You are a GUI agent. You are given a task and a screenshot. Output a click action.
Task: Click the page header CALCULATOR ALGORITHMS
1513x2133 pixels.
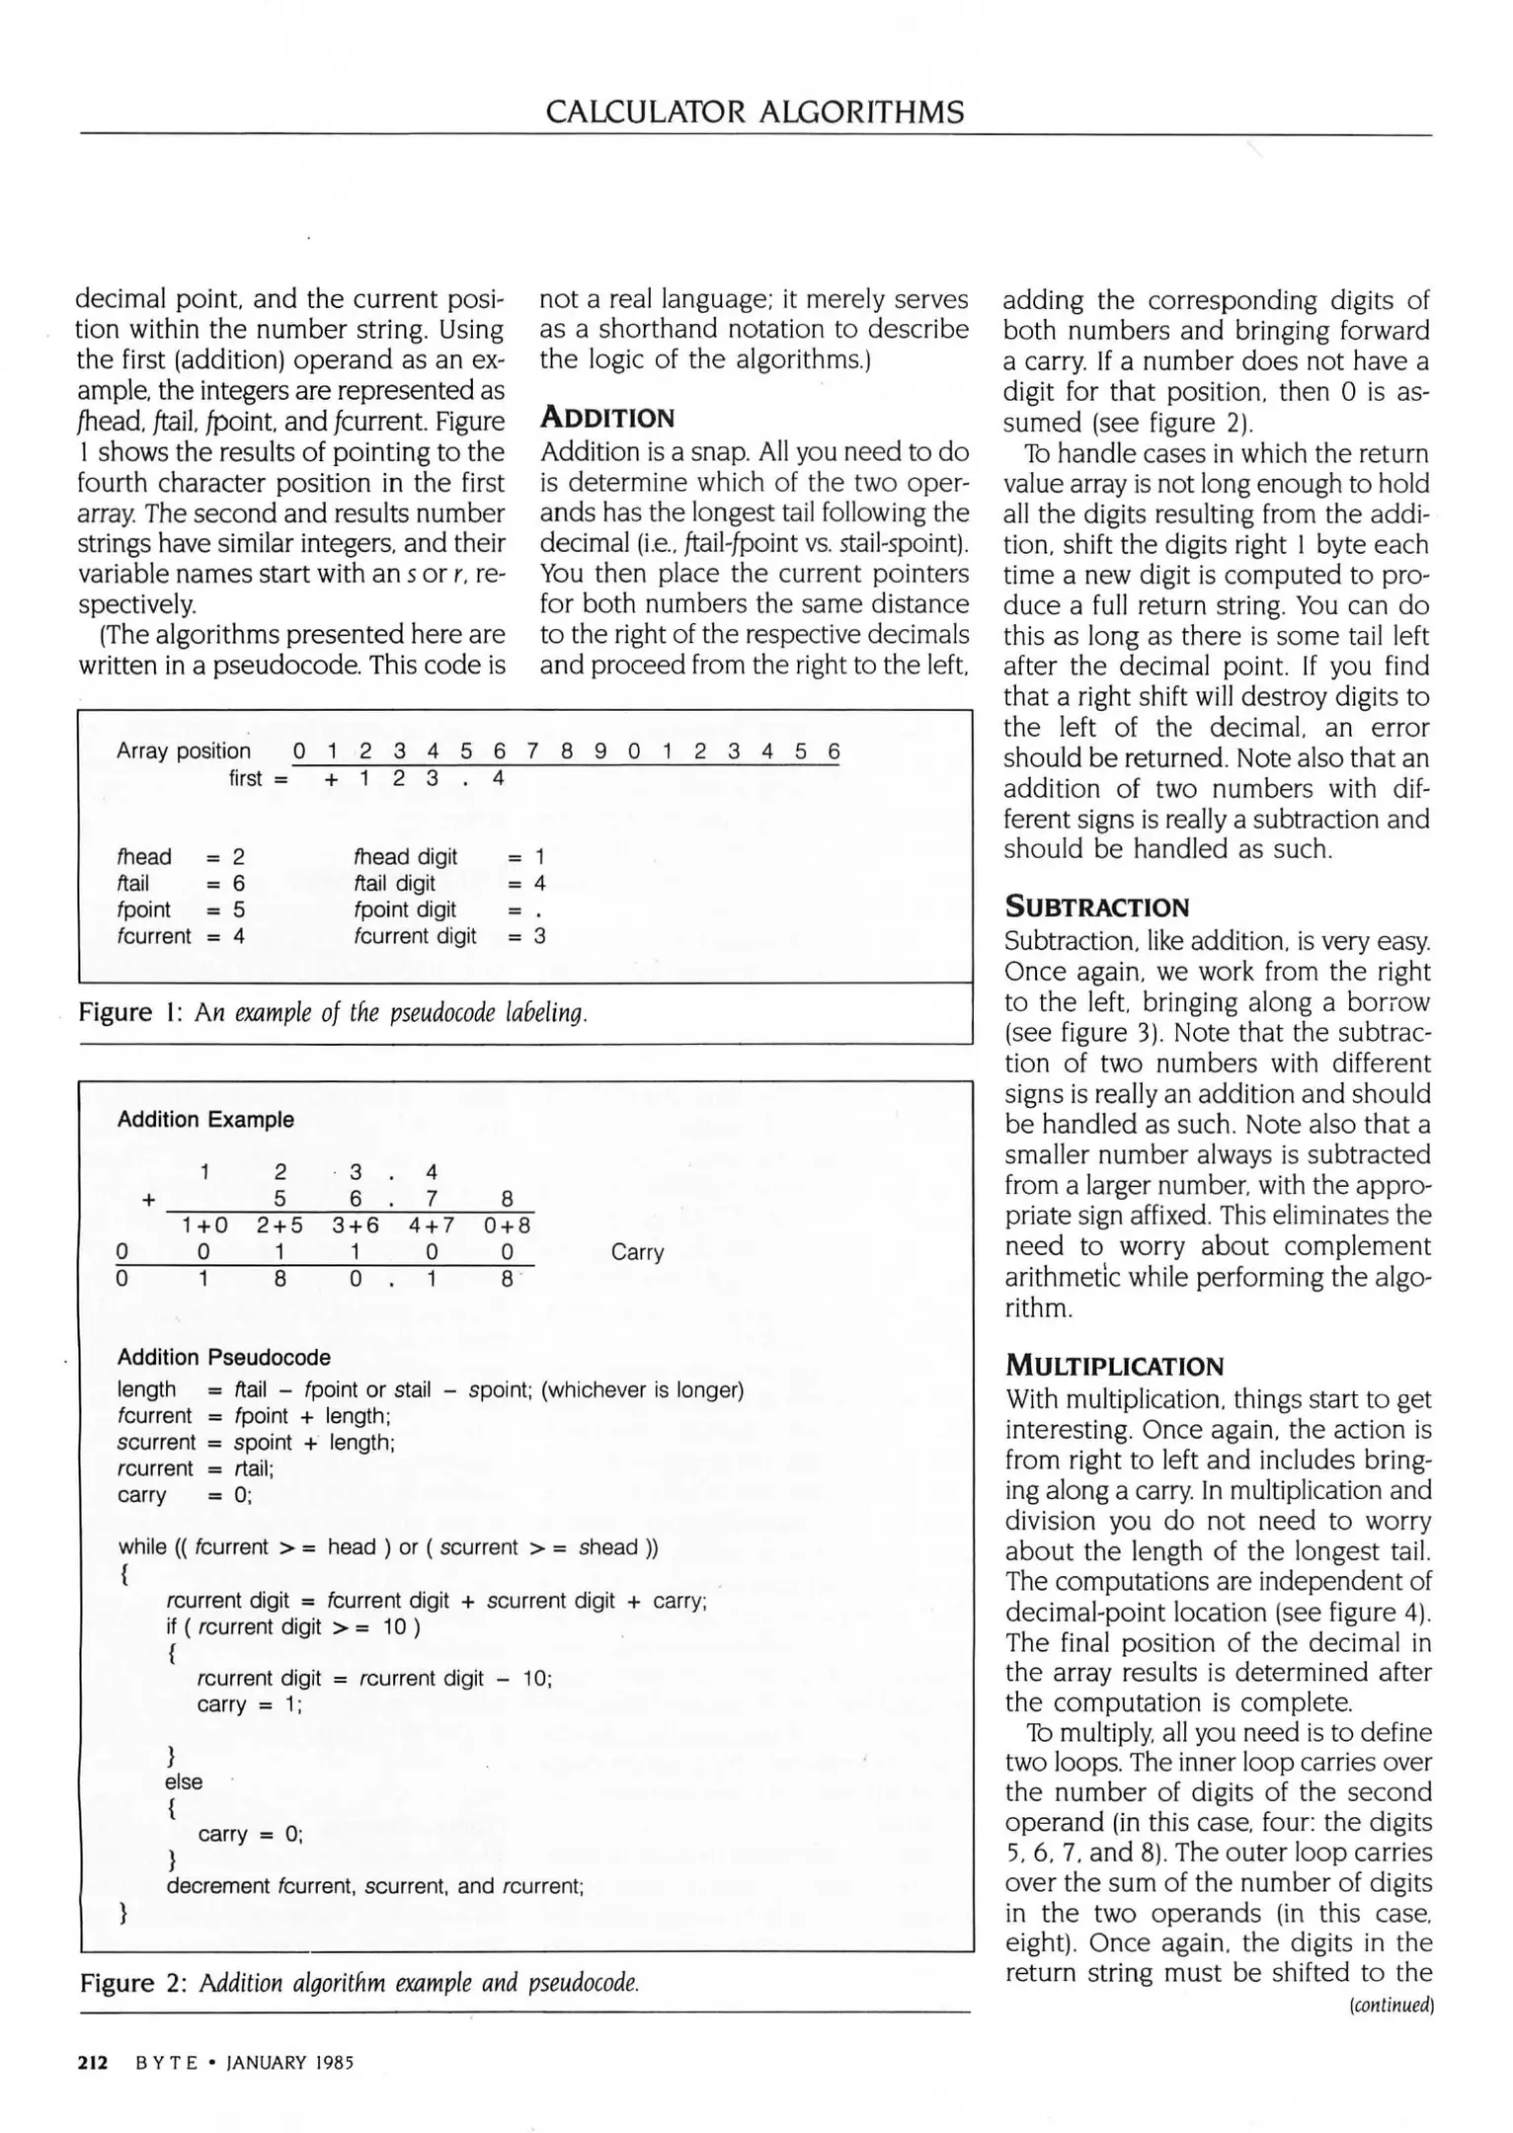(755, 112)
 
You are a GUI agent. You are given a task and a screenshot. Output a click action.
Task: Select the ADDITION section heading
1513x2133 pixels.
(606, 418)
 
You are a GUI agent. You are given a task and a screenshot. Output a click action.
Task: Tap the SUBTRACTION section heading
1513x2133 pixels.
(1096, 908)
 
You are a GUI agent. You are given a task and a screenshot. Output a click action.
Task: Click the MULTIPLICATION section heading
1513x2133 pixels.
(1114, 1367)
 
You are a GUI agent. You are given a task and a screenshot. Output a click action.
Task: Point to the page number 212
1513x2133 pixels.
(93, 2063)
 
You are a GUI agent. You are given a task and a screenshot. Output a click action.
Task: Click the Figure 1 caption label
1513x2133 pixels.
(128, 1013)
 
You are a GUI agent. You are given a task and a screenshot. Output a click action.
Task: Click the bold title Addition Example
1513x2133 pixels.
(205, 1119)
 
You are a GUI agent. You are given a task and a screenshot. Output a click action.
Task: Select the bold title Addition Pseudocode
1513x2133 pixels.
(223, 1357)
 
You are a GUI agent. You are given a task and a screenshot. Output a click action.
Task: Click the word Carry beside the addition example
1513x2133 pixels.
(637, 1252)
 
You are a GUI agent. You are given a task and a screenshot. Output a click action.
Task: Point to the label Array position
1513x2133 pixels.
(184, 750)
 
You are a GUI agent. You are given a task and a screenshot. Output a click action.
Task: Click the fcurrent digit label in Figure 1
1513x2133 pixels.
(415, 935)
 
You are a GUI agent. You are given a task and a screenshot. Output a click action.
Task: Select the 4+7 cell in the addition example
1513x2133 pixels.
(432, 1225)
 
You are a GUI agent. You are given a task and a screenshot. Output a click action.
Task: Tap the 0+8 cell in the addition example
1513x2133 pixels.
(507, 1225)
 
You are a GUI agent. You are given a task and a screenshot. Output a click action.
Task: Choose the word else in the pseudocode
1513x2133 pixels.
(185, 1781)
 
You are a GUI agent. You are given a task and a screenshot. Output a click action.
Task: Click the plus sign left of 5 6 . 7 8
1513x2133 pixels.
(148, 1199)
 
